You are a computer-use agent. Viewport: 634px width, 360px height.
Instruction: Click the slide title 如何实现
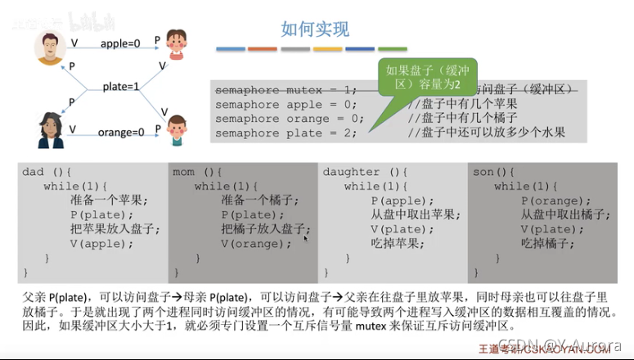tap(315, 30)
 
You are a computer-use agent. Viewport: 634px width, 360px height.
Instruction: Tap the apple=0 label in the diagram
tap(122, 42)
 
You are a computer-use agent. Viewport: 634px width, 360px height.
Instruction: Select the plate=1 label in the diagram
tap(121, 86)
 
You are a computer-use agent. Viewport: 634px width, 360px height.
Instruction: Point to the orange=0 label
tap(121, 131)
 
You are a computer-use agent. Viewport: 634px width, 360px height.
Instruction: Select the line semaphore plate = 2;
tap(286, 133)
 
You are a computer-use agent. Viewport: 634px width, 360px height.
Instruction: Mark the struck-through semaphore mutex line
tap(286, 89)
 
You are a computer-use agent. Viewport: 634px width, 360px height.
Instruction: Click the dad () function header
tap(47, 172)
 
